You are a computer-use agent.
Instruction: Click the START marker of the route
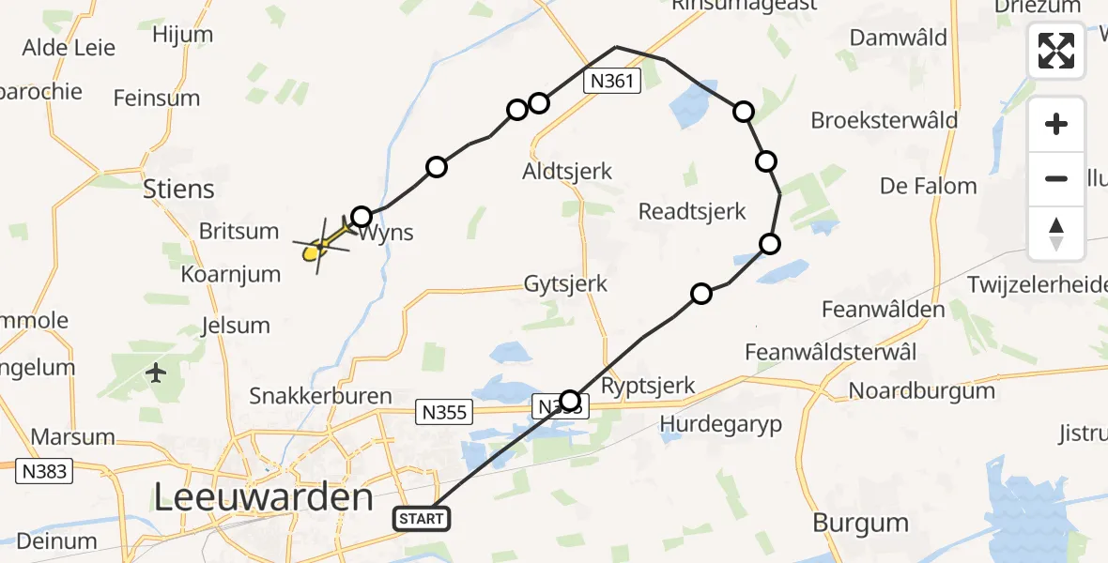coord(423,518)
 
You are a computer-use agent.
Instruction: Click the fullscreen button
coord(1056,51)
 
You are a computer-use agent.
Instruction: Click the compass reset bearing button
coord(1056,234)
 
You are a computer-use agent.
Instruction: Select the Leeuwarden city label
coord(263,497)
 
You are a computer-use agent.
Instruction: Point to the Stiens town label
coord(178,189)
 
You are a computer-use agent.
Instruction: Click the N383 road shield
coord(44,470)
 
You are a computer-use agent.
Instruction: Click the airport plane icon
coord(157,373)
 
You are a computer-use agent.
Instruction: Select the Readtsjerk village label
coord(692,211)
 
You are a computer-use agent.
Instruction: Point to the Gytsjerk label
coord(566,283)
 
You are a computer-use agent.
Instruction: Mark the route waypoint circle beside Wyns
coord(362,218)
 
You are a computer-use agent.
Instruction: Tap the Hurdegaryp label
coord(720,424)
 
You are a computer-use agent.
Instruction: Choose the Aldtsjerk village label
coord(568,171)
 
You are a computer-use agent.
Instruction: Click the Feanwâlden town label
coord(883,309)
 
